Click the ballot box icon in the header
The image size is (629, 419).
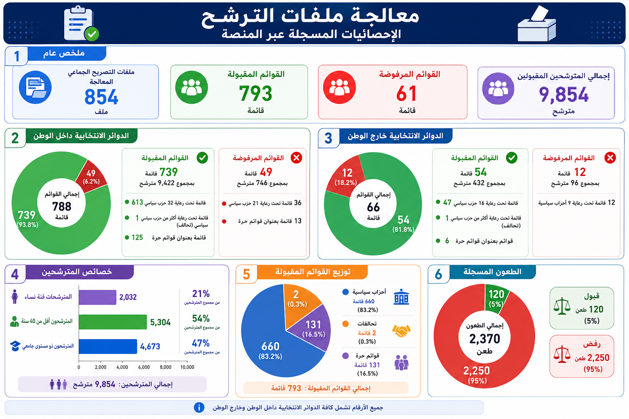click(x=536, y=24)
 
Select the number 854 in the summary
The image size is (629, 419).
click(x=101, y=97)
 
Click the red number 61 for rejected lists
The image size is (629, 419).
click(x=406, y=93)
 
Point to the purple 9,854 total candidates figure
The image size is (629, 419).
click(x=563, y=95)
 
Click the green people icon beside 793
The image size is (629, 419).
click(x=192, y=87)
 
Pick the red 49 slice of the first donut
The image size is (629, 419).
click(x=92, y=176)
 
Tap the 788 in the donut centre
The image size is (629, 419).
click(x=61, y=207)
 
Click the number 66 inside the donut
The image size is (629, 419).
click(x=373, y=207)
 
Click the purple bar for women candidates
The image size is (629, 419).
click(x=97, y=297)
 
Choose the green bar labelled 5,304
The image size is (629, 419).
click(x=113, y=322)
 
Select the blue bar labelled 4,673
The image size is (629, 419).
click(x=108, y=346)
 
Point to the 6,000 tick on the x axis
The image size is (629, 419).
click(x=144, y=367)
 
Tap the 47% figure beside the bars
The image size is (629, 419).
click(x=201, y=343)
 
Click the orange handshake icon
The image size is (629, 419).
click(x=401, y=331)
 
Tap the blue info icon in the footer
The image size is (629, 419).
click(x=199, y=408)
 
